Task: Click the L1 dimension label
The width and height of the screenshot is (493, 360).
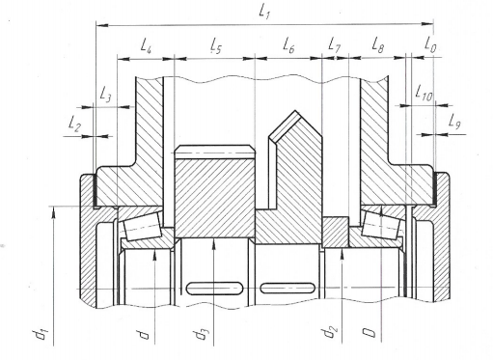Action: (264, 13)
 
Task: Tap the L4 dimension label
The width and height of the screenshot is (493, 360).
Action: (147, 45)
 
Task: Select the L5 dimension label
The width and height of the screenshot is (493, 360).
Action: (216, 45)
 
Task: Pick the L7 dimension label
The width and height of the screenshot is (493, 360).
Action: (334, 44)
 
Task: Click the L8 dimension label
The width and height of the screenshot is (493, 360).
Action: (378, 44)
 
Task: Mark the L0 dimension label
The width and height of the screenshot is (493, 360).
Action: (430, 44)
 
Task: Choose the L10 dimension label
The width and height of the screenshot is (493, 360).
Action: (424, 93)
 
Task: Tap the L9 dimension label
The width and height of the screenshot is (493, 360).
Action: (454, 122)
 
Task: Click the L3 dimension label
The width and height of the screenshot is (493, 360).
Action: (105, 95)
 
